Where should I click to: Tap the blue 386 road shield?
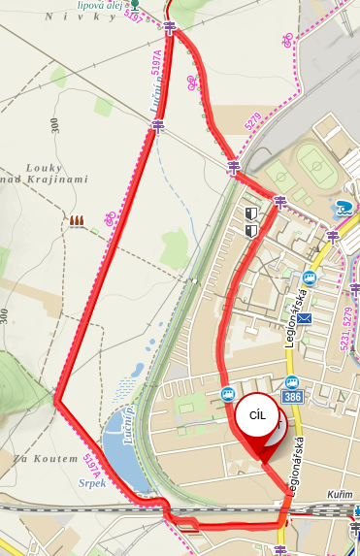[x=292, y=398]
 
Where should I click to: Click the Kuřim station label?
[x=340, y=495]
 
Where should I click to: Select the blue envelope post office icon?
[x=306, y=318]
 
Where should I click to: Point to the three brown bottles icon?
[x=76, y=221]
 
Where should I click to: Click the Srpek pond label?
[x=90, y=482]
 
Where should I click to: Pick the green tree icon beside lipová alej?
[x=136, y=4]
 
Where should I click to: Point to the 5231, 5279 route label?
[x=345, y=328]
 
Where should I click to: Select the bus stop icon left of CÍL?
[x=227, y=395]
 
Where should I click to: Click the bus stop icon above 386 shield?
[x=292, y=381]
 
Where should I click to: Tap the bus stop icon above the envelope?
[x=311, y=277]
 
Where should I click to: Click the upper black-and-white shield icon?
[x=251, y=213]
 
